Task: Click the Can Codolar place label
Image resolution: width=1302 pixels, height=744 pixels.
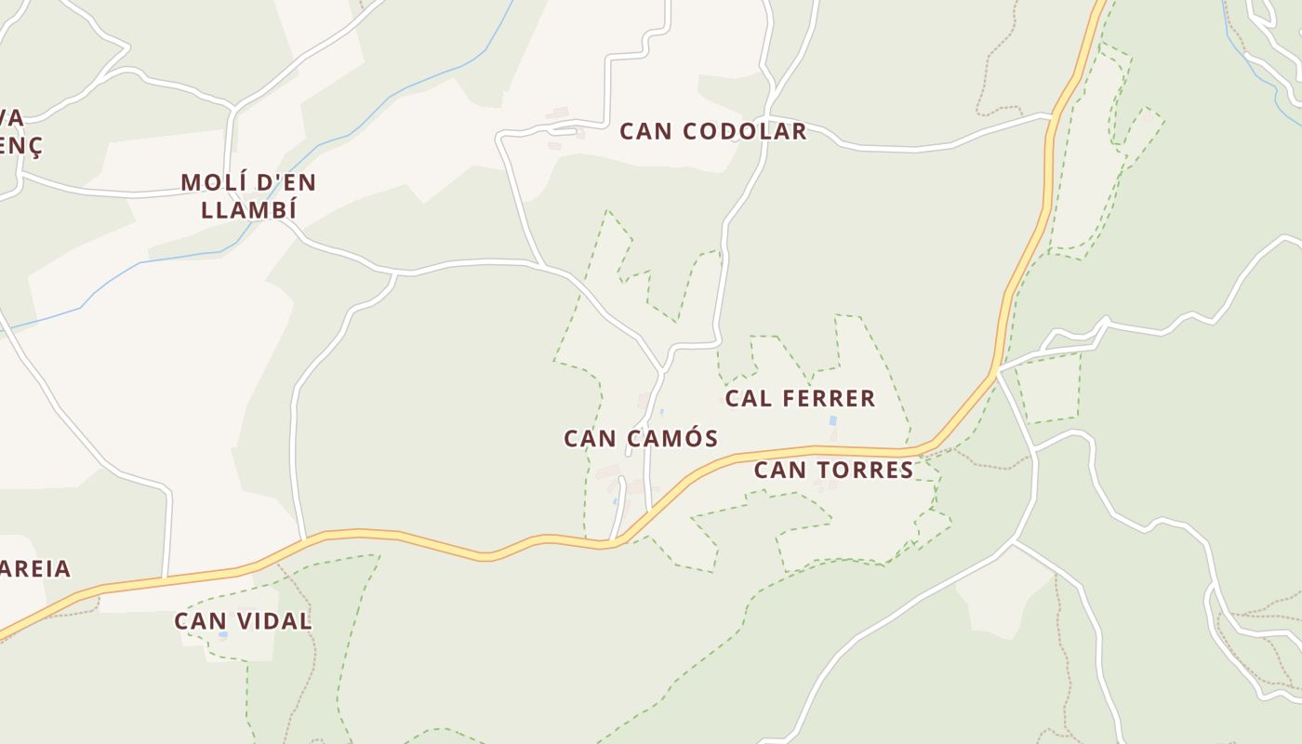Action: [713, 131]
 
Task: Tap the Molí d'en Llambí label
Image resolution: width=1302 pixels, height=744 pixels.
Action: [248, 195]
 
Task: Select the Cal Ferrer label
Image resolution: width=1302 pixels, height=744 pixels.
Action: [800, 399]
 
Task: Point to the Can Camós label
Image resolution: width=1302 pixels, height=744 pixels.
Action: [641, 438]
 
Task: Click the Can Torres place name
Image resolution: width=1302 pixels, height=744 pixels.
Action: [833, 470]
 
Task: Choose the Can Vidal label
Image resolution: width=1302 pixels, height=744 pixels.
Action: [243, 621]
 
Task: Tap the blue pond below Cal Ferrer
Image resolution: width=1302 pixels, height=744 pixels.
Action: [832, 421]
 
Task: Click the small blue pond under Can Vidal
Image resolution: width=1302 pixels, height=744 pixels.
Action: [223, 634]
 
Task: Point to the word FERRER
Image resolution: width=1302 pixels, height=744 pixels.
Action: [830, 399]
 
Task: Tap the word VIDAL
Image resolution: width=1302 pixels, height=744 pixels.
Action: [276, 621]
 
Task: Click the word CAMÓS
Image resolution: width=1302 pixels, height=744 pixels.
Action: [673, 438]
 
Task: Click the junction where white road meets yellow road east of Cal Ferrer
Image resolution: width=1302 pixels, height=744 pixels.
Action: [997, 372]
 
